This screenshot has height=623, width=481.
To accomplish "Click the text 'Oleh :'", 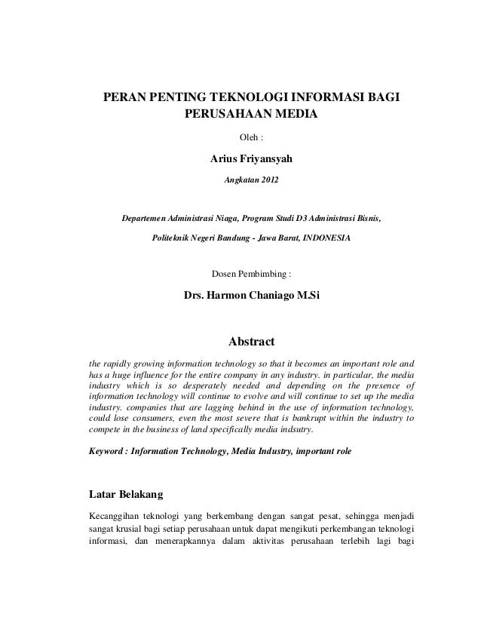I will tap(250, 139).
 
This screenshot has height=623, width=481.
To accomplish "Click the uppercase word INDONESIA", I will tap(326, 237).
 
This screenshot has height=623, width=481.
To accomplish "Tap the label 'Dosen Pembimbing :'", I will tap(250, 273).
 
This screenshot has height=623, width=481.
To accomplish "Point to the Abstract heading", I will tap(251, 342).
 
